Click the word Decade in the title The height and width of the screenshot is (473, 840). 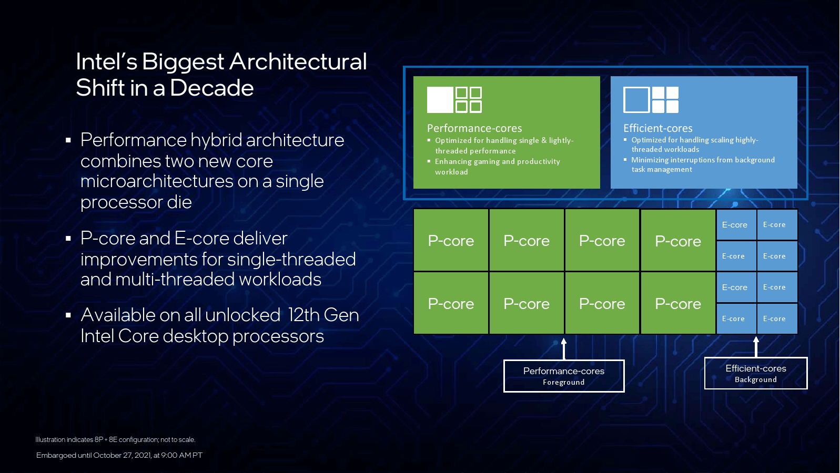click(211, 88)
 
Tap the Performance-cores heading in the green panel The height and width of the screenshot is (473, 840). click(474, 128)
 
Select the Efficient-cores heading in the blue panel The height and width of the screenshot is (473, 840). click(657, 128)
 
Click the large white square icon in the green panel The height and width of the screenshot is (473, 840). click(440, 100)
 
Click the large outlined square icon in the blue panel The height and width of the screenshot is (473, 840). click(636, 100)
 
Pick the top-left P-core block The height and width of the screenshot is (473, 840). click(451, 241)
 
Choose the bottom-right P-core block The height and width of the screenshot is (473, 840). click(677, 304)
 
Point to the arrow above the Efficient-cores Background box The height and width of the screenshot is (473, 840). click(756, 346)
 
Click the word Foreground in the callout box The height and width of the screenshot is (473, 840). click(563, 383)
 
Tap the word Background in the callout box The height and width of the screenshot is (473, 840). click(755, 379)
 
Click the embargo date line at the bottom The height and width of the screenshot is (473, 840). click(119, 455)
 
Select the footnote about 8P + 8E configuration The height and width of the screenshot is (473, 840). click(115, 439)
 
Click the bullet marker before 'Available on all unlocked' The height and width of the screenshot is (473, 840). click(68, 315)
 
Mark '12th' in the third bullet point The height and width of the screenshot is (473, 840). click(303, 315)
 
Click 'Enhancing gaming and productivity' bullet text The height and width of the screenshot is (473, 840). click(497, 162)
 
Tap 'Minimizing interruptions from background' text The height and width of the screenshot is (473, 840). click(703, 160)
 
